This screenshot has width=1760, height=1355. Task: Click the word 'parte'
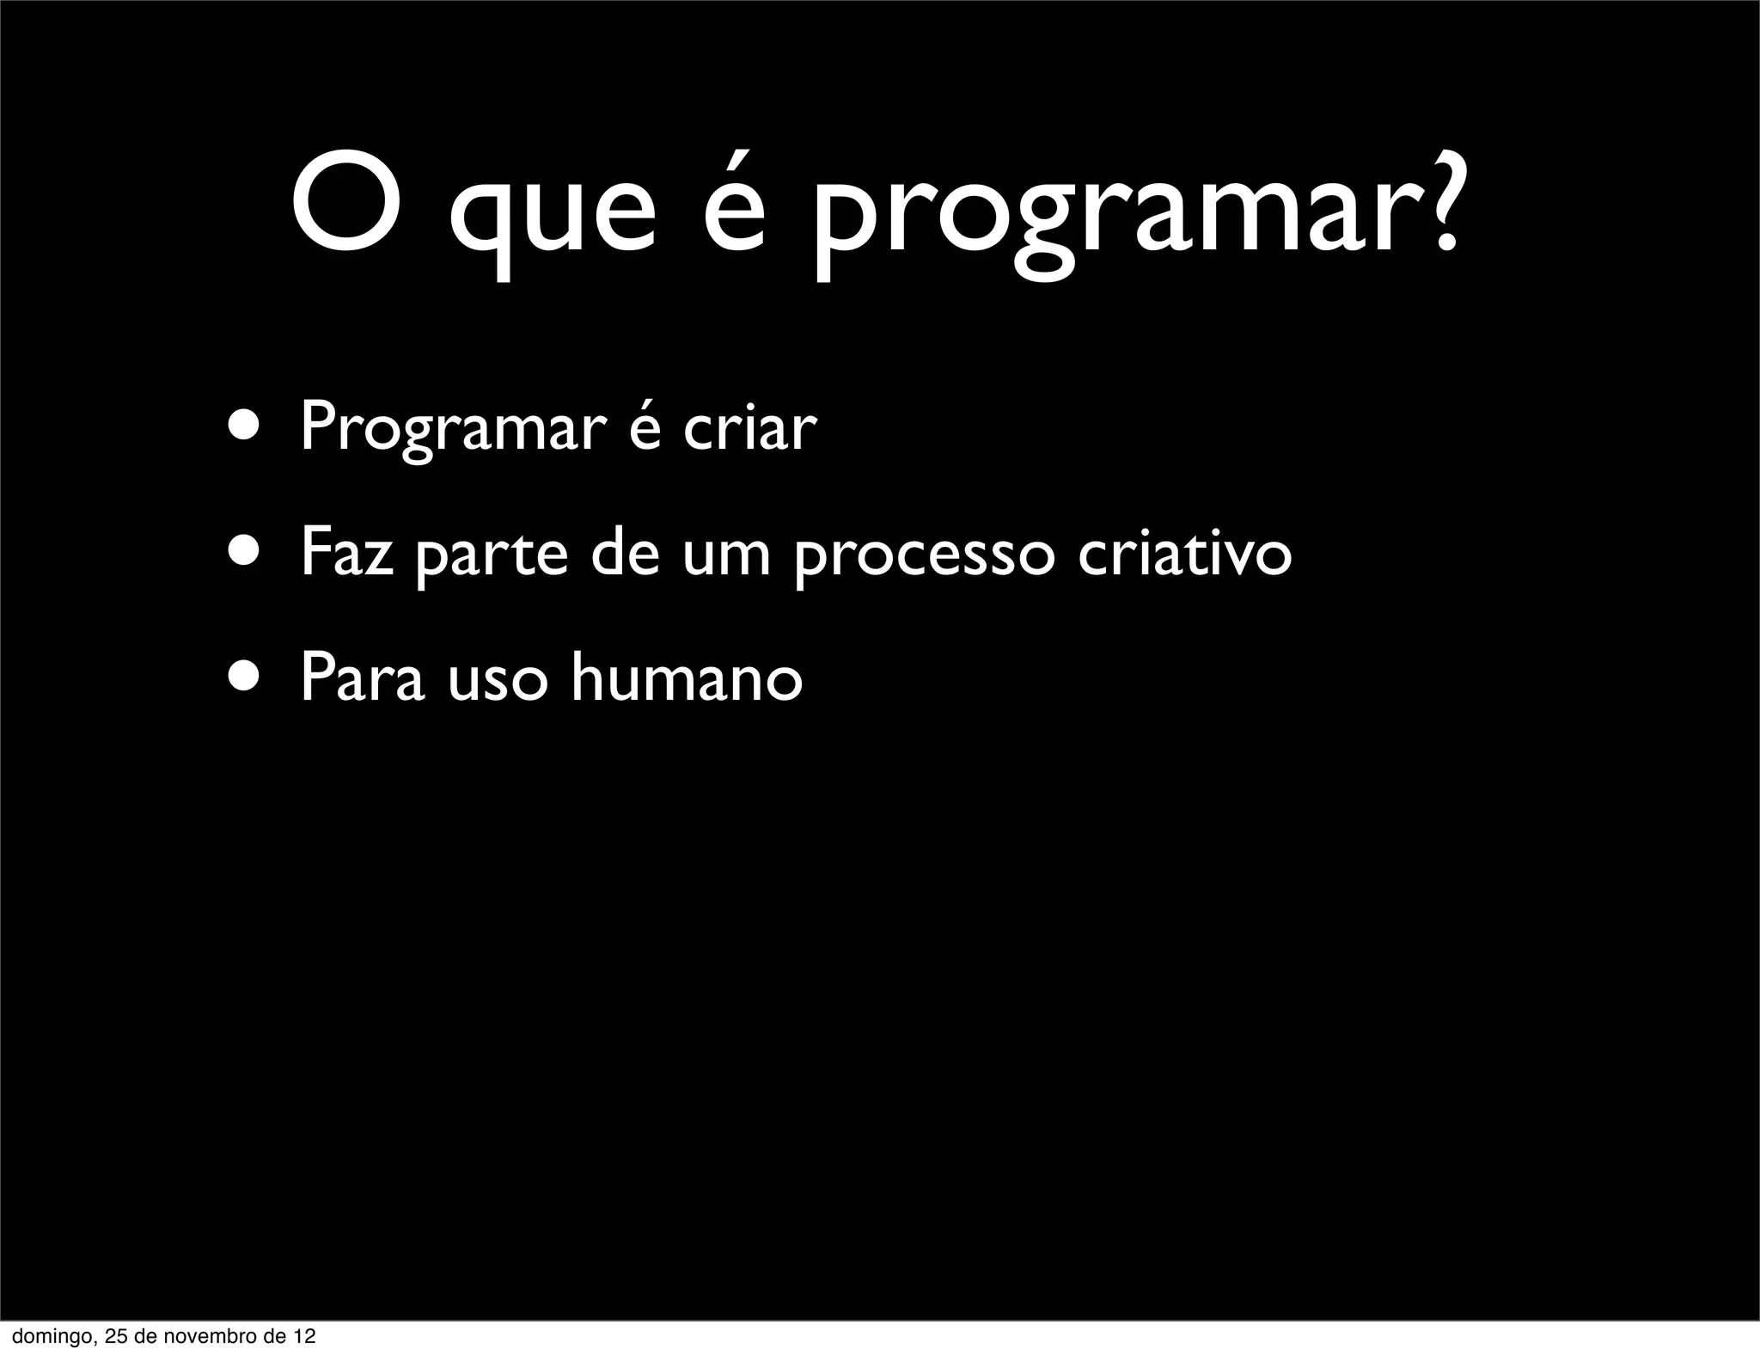pos(491,555)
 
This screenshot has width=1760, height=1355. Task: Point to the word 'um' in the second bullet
pos(726,555)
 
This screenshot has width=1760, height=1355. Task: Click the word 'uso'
pos(498,679)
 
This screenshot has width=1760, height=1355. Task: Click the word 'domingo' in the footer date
pos(47,1338)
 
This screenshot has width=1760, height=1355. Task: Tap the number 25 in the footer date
pos(115,1337)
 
